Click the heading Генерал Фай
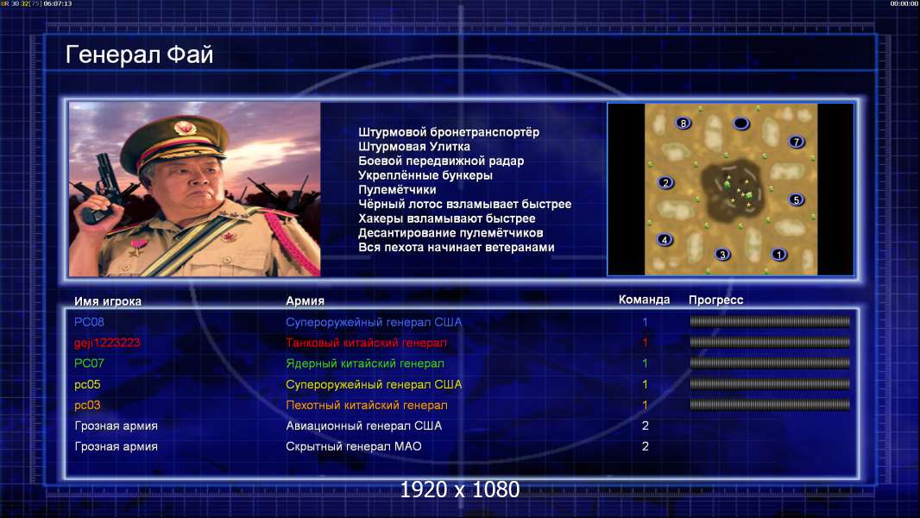tap(139, 55)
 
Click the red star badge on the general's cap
tap(184, 127)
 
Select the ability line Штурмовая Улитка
tap(413, 147)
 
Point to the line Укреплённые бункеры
tap(425, 175)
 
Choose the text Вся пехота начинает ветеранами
tap(456, 248)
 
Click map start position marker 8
tap(683, 123)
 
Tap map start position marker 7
tap(797, 142)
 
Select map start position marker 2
tap(665, 182)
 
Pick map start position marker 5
tap(797, 199)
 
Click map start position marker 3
tap(722, 254)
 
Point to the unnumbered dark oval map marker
tap(741, 123)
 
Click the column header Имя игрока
tap(107, 301)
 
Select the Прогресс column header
tap(715, 300)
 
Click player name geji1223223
tap(107, 344)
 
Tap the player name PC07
tap(89, 363)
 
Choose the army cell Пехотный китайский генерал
tap(367, 406)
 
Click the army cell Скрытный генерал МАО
tap(354, 446)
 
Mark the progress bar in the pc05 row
tap(770, 384)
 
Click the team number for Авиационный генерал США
tap(645, 426)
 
